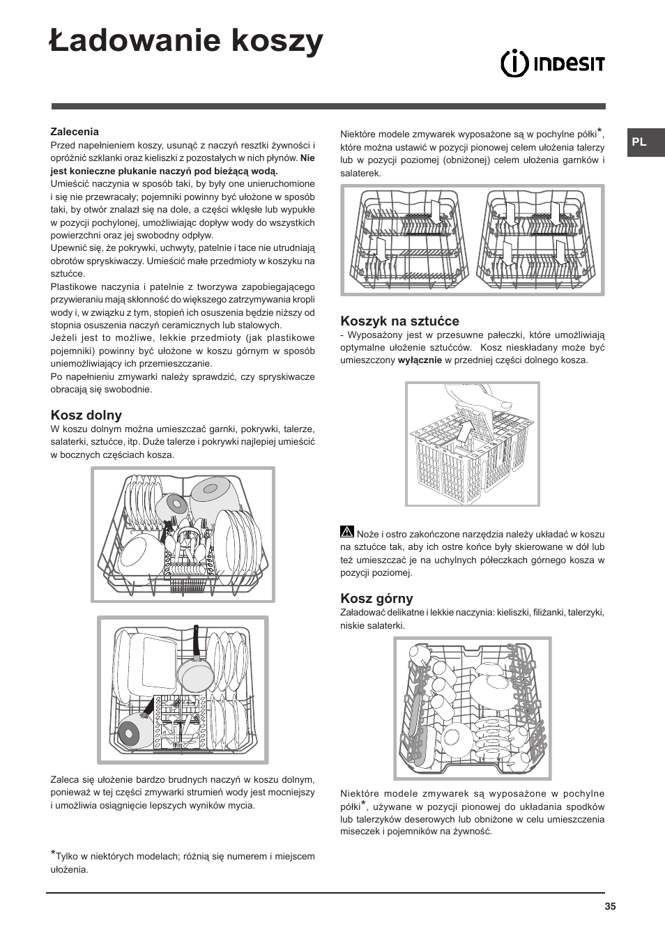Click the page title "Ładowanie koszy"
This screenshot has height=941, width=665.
pyautogui.click(x=186, y=41)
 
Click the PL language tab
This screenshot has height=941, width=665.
pyautogui.click(x=640, y=142)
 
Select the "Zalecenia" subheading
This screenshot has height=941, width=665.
pyautogui.click(x=75, y=132)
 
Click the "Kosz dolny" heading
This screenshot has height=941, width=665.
pyautogui.click(x=86, y=415)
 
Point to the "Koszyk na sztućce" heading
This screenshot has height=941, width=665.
pyautogui.click(x=399, y=321)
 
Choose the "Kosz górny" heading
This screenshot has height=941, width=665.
pyautogui.click(x=376, y=599)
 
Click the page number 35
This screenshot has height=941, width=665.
pyautogui.click(x=610, y=907)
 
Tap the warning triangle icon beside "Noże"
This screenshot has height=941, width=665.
pyautogui.click(x=347, y=532)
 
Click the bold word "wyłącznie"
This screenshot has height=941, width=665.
pyautogui.click(x=420, y=360)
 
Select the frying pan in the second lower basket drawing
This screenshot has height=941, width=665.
pyautogui.click(x=194, y=669)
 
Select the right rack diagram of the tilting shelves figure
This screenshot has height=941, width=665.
pyautogui.click(x=537, y=240)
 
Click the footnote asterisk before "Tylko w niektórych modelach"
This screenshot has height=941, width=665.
pyautogui.click(x=53, y=855)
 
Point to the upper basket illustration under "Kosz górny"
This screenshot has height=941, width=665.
pyautogui.click(x=472, y=707)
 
